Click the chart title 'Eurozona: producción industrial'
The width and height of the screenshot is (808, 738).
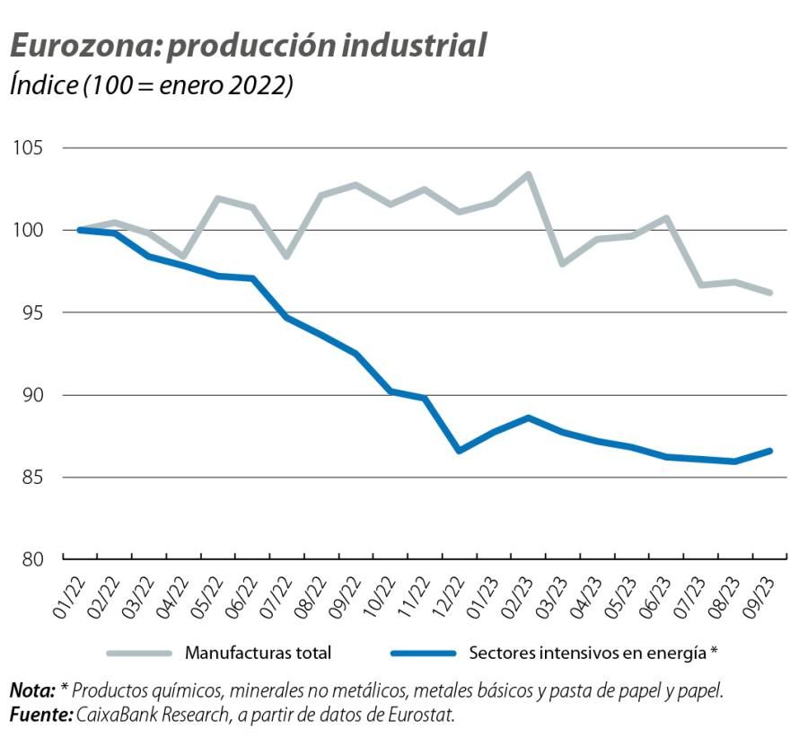(248, 46)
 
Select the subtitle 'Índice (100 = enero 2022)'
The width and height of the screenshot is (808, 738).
(151, 87)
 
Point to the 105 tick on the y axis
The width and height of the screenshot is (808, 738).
(32, 148)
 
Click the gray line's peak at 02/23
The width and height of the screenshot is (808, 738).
(528, 174)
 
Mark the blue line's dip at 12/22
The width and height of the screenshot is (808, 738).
(459, 451)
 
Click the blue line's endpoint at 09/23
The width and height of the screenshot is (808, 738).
(770, 451)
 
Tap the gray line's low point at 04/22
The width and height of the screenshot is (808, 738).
(183, 257)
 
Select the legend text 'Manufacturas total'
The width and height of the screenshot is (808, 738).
(258, 654)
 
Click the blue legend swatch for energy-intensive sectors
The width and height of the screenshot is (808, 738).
(423, 654)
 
